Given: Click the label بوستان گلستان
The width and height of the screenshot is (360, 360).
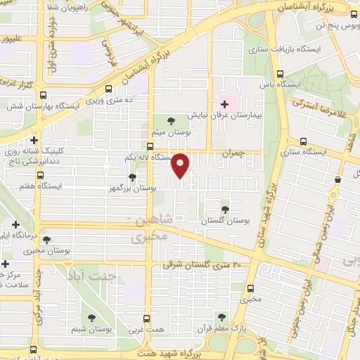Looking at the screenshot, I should coord(226,221).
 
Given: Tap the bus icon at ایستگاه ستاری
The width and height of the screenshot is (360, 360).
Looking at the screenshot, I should coord(303,141).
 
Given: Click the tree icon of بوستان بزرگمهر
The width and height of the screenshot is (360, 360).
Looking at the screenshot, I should coord(132,177).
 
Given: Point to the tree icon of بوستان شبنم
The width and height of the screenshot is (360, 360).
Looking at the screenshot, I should coord(93,318).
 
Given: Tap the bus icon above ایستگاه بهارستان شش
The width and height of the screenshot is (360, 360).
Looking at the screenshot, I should coord(44,96).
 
